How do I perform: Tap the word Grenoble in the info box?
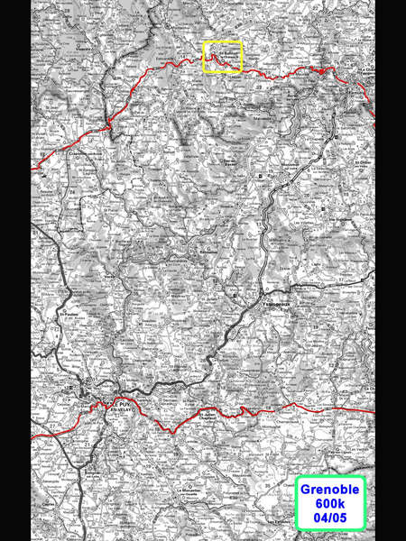click(329, 490)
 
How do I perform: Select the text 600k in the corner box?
click(329, 504)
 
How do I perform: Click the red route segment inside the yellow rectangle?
click(221, 59)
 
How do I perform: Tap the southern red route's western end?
click(33, 438)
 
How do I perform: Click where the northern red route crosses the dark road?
click(109, 120)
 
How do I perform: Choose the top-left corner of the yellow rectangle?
click(203, 42)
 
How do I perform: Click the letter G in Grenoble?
click(305, 490)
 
